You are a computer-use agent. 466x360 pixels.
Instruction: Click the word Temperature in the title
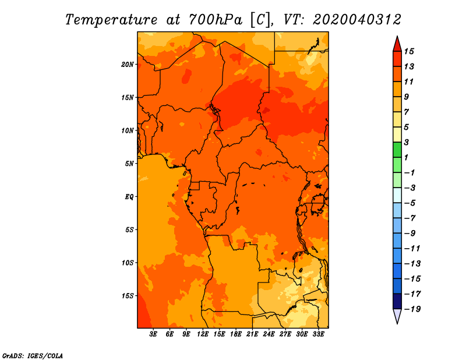click(111, 20)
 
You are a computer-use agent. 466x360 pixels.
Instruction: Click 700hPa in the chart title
click(215, 20)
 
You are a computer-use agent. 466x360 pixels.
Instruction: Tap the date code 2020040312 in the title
click(357, 20)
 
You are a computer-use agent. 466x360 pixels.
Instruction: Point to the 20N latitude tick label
click(128, 65)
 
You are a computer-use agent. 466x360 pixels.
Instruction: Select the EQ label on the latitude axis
click(129, 197)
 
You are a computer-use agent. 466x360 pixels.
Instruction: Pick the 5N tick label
click(129, 164)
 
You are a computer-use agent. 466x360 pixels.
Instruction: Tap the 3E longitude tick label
click(153, 334)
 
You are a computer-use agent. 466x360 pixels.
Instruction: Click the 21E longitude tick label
click(252, 334)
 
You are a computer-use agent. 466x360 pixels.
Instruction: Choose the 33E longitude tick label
click(318, 334)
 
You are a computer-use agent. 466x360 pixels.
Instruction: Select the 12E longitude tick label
click(203, 334)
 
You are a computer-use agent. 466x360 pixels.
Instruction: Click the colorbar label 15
click(409, 51)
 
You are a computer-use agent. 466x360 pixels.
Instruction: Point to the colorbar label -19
click(412, 309)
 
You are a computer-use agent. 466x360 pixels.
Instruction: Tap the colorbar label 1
click(406, 157)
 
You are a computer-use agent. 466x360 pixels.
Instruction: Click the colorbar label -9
click(410, 234)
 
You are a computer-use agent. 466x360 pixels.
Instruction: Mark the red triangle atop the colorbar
click(397, 44)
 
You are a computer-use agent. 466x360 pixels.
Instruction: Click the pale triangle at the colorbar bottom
click(397, 316)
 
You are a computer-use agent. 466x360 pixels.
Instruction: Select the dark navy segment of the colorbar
click(397, 301)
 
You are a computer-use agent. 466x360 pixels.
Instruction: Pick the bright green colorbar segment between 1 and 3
click(397, 150)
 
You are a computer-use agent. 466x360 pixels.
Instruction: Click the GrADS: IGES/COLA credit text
click(33, 356)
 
